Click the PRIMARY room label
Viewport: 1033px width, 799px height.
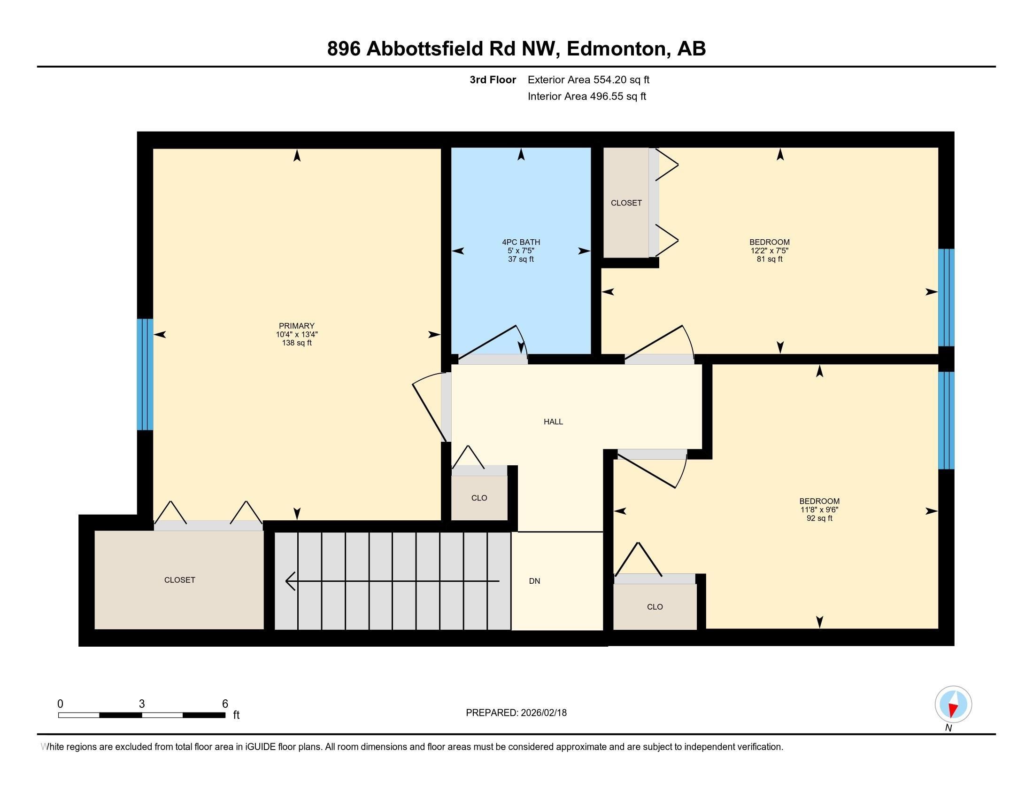pyautogui.click(x=297, y=326)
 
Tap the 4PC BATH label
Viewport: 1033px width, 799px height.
pyautogui.click(x=521, y=242)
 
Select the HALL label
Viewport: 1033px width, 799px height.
pyautogui.click(x=553, y=422)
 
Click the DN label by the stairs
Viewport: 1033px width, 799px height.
pyautogui.click(x=534, y=581)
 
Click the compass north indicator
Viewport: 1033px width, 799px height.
pyautogui.click(x=953, y=705)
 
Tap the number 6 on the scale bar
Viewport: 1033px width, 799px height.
pyautogui.click(x=225, y=704)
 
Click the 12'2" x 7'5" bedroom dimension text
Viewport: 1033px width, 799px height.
pyautogui.click(x=769, y=251)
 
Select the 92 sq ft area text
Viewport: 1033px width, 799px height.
pyautogui.click(x=819, y=518)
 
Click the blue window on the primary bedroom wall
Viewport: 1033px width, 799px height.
pyautogui.click(x=145, y=374)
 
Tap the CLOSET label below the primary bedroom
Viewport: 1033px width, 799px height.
pyautogui.click(x=179, y=580)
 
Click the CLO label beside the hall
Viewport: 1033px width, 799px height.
pyautogui.click(x=478, y=498)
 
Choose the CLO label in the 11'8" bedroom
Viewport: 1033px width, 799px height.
pyautogui.click(x=655, y=607)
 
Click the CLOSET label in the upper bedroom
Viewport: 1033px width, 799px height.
pyautogui.click(x=626, y=203)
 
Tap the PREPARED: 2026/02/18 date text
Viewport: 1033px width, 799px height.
pyautogui.click(x=516, y=713)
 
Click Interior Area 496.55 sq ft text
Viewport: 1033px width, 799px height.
pyautogui.click(x=586, y=96)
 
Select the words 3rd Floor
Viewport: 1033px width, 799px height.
pyautogui.click(x=493, y=80)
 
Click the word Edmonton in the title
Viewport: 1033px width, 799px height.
pyautogui.click(x=616, y=49)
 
